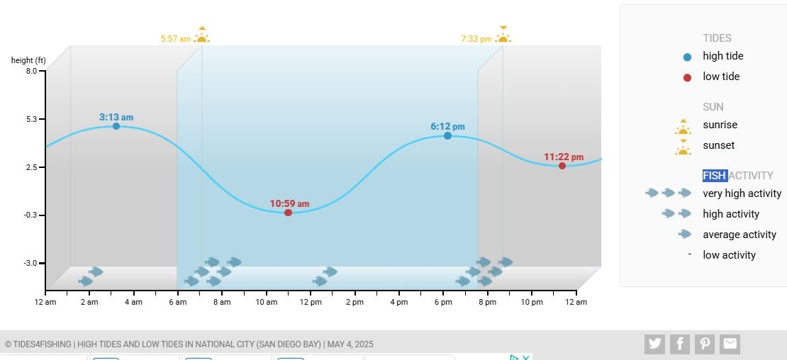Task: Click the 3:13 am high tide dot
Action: pyautogui.click(x=116, y=126)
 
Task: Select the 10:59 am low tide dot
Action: pyautogui.click(x=288, y=213)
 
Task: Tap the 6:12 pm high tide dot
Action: pyautogui.click(x=447, y=135)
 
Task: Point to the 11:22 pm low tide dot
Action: pyautogui.click(x=562, y=166)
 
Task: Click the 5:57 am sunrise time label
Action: pyautogui.click(x=175, y=39)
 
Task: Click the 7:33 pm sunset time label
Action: pyautogui.click(x=476, y=39)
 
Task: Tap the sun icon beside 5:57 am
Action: pyautogui.click(x=202, y=35)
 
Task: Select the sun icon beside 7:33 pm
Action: pyautogui.click(x=503, y=35)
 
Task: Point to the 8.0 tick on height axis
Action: pyautogui.click(x=31, y=71)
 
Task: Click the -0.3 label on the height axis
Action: pyautogui.click(x=30, y=215)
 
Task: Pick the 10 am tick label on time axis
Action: pyautogui.click(x=267, y=303)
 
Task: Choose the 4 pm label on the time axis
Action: pyautogui.click(x=399, y=303)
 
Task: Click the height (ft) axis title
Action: pyautogui.click(x=28, y=60)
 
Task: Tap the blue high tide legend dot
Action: pyautogui.click(x=687, y=57)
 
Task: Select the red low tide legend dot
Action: pyautogui.click(x=687, y=78)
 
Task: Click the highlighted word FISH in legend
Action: pyautogui.click(x=715, y=176)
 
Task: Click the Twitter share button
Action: pyautogui.click(x=654, y=344)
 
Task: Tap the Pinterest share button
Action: pyautogui.click(x=705, y=344)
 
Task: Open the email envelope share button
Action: pyautogui.click(x=730, y=344)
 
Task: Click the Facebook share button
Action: pyautogui.click(x=679, y=344)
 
